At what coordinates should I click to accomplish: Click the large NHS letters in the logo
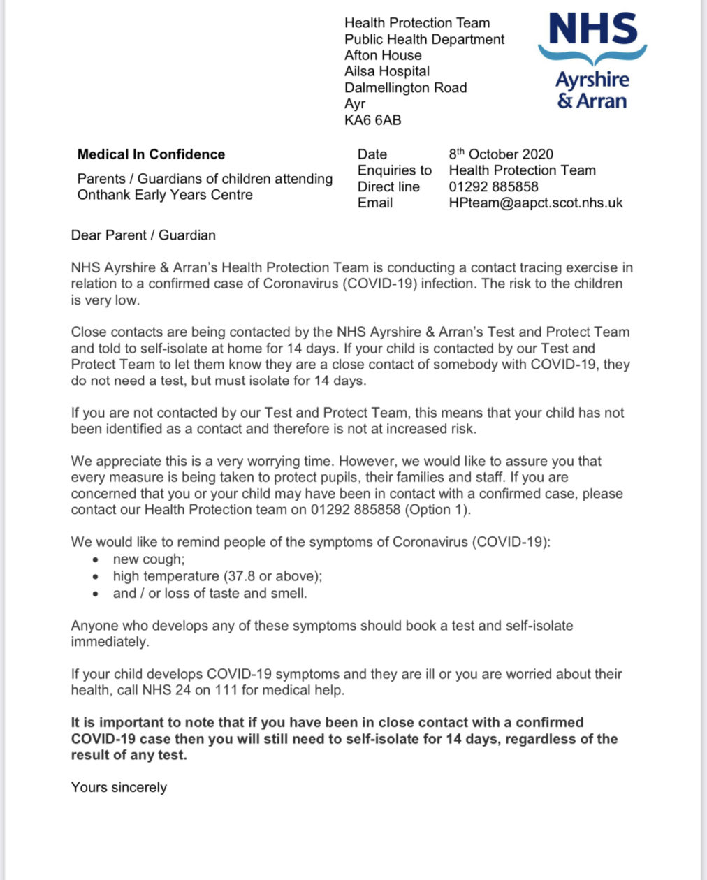[x=593, y=29]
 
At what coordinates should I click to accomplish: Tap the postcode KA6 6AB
[x=372, y=120]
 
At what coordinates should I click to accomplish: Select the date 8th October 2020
[x=501, y=154]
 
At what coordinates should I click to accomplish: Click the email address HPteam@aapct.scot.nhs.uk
[x=535, y=203]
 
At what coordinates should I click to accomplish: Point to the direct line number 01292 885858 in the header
[x=493, y=187]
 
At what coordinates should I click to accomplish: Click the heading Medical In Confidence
[x=151, y=154]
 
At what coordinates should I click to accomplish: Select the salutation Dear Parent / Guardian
[x=143, y=235]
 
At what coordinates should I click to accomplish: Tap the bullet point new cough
[x=149, y=559]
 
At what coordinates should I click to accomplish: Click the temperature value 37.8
[x=240, y=576]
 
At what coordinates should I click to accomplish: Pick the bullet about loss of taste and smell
[x=210, y=594]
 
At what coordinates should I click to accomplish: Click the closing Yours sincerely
[x=119, y=788]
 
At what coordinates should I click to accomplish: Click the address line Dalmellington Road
[x=405, y=88]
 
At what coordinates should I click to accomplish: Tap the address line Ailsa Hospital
[x=386, y=71]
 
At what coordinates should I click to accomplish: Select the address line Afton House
[x=383, y=55]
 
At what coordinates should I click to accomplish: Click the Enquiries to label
[x=395, y=170]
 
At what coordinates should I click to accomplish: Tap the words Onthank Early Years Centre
[x=165, y=195]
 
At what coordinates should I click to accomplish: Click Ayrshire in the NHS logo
[x=592, y=80]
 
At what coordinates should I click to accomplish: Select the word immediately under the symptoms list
[x=110, y=642]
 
